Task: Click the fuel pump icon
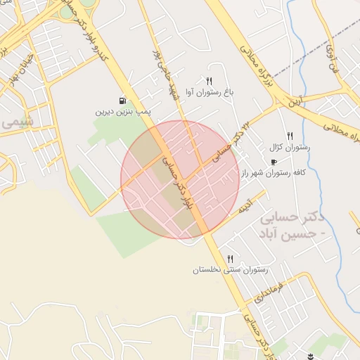pyautogui.click(x=124, y=101)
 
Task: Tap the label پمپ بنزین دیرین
pyautogui.click(x=124, y=111)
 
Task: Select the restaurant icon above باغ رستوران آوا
pyautogui.click(x=209, y=81)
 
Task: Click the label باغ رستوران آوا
pyautogui.click(x=209, y=91)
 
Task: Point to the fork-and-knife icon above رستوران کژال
pyautogui.click(x=289, y=136)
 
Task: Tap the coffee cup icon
pyautogui.click(x=274, y=162)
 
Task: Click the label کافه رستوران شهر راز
pyautogui.click(x=274, y=172)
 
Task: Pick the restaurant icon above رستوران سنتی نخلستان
pyautogui.click(x=230, y=259)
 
